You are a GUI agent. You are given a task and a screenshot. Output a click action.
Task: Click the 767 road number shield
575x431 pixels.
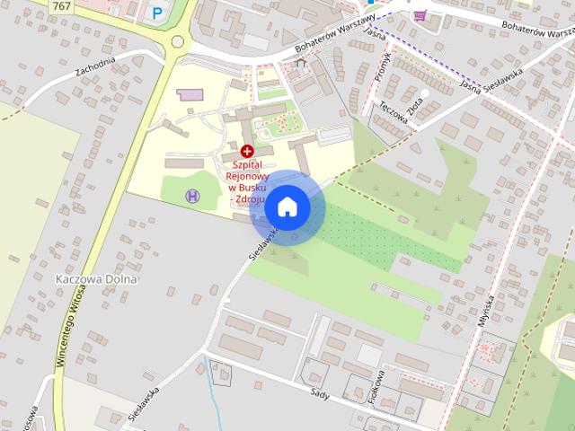coord(62,6)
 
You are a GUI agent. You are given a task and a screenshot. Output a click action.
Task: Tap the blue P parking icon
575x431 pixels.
coord(158,13)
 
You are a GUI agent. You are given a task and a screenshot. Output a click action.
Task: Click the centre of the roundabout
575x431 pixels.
coord(178,41)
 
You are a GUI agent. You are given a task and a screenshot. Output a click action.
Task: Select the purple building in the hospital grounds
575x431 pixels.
coord(190,94)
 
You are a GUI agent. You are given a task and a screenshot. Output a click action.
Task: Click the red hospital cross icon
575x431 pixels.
coord(247,150)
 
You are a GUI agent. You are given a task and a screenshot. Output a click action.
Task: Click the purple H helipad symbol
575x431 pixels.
coord(191,196)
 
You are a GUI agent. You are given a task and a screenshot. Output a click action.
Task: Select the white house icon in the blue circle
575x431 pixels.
coord(287,207)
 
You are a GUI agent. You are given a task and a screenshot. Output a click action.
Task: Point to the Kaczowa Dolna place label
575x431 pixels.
coord(96,278)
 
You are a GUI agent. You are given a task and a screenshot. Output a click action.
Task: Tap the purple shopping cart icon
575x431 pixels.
coord(420,15)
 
